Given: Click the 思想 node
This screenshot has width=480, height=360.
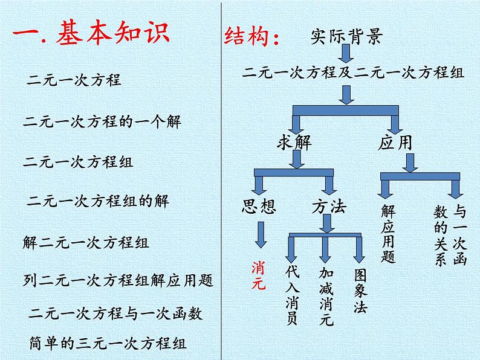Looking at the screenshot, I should tap(259, 207).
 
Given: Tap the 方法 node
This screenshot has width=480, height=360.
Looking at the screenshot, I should tap(329, 207).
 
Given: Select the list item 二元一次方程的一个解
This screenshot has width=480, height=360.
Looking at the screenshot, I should tap(102, 121).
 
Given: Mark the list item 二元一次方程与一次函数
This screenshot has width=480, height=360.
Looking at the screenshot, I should tap(115, 313).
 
